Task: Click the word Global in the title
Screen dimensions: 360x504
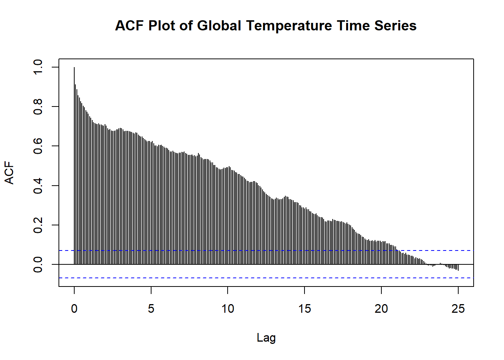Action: coord(219,26)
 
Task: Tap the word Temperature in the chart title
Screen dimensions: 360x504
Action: coord(289,26)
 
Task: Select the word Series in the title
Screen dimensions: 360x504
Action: coord(395,26)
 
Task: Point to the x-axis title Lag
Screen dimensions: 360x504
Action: coord(266,337)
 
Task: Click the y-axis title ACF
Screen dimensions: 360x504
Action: coord(9,173)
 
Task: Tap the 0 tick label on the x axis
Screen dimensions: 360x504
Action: coord(74,309)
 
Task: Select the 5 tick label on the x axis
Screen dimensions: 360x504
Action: coord(151,309)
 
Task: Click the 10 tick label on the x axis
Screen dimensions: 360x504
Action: coord(228,309)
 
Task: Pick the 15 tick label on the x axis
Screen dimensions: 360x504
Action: coord(304,309)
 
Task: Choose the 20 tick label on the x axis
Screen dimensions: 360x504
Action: coord(381,309)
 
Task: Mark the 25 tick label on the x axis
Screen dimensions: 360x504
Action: coord(458,309)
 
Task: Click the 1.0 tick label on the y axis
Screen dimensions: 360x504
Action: coord(38,67)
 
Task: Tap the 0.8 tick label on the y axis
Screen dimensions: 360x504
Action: coord(38,106)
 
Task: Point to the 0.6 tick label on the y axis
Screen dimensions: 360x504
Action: coord(38,146)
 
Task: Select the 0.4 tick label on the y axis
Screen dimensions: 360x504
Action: coord(38,186)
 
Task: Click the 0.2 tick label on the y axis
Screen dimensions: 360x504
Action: coord(38,225)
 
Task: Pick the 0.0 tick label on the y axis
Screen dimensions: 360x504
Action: coord(38,264)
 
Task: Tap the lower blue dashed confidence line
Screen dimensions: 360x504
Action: coord(262,278)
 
